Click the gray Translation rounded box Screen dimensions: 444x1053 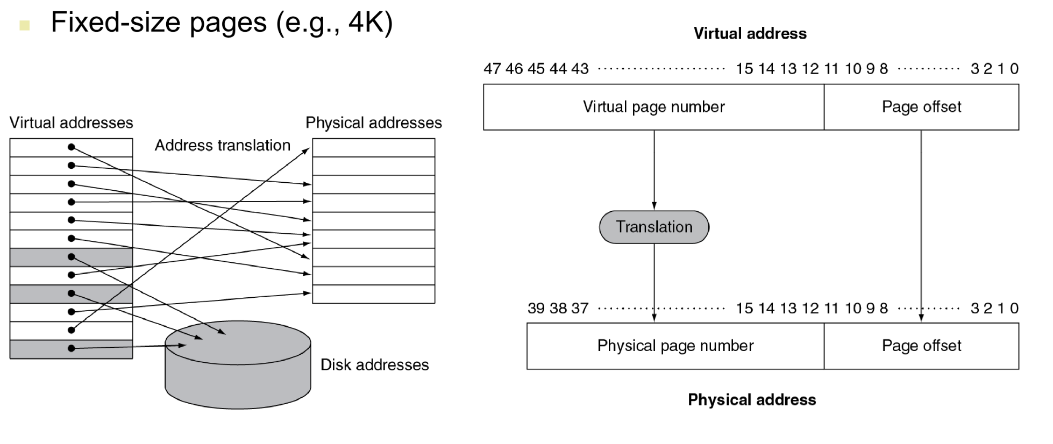[x=654, y=227]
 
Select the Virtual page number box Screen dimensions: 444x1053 [x=653, y=107]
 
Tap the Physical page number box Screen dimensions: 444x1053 [x=675, y=346]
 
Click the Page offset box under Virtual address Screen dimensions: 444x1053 [x=921, y=107]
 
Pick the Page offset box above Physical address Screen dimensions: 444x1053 [x=921, y=346]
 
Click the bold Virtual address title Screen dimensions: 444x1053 [x=750, y=33]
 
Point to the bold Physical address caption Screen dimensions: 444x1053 [x=751, y=400]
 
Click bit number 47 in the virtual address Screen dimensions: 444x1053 [x=492, y=69]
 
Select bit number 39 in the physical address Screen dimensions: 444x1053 [x=536, y=309]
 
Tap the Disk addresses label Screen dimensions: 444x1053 [x=374, y=365]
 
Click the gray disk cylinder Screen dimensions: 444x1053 [x=238, y=376]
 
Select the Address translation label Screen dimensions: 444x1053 [x=222, y=145]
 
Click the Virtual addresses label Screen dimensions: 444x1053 [x=71, y=123]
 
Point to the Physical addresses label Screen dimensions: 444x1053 [x=373, y=123]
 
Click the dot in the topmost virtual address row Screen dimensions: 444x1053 [x=71, y=147]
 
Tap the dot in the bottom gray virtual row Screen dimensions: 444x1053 [x=71, y=348]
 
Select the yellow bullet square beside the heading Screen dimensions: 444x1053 [x=24, y=25]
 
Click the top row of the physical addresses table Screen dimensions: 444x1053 [x=373, y=148]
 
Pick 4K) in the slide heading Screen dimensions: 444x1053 [x=371, y=23]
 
